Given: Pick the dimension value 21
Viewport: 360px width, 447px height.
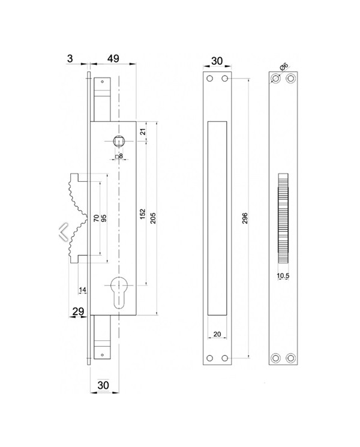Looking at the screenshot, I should click(143, 132).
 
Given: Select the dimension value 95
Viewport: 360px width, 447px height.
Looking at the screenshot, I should click(104, 218).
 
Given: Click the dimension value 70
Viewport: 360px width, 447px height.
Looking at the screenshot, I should click(96, 218).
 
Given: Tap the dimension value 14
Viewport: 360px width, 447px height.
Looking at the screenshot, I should click(83, 290).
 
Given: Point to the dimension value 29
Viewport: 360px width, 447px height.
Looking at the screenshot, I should click(77, 311).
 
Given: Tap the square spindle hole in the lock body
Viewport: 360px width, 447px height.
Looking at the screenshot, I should click(118, 142).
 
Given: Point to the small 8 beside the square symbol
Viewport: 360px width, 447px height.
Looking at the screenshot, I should click(121, 156).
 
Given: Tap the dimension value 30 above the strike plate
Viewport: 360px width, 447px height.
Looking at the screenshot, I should click(217, 61).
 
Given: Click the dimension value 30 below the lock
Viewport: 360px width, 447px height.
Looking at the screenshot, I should click(104, 384).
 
